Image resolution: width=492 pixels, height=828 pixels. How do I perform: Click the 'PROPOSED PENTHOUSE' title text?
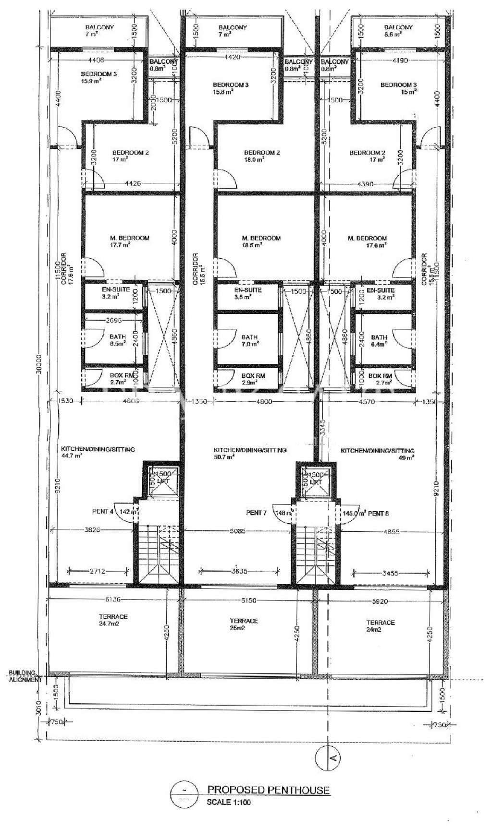point(268,790)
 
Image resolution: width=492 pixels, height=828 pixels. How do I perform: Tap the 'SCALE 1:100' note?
point(229,802)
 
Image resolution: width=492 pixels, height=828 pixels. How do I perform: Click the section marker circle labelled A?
point(329,758)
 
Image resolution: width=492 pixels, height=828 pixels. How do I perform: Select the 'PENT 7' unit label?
point(256,513)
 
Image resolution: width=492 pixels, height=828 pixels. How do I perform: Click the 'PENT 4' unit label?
point(103,512)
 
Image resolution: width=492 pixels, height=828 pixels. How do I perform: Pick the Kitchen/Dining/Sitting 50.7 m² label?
point(250,454)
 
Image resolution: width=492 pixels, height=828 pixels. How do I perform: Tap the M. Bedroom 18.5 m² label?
point(261,241)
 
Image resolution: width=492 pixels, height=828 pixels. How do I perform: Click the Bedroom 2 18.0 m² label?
point(261,156)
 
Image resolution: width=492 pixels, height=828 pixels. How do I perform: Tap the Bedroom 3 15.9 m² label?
point(98,77)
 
